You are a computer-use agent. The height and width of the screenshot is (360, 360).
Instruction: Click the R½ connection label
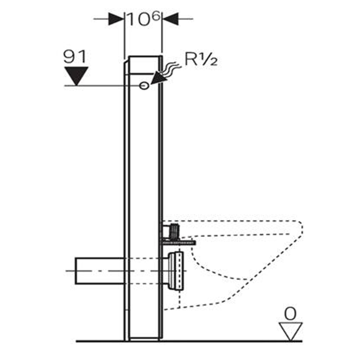coord(201,60)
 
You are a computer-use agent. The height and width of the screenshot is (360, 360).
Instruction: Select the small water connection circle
coord(144,85)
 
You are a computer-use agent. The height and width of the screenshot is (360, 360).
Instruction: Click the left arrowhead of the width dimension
coord(116,19)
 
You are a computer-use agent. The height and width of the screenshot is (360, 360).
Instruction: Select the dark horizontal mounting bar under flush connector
coord(178,243)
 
